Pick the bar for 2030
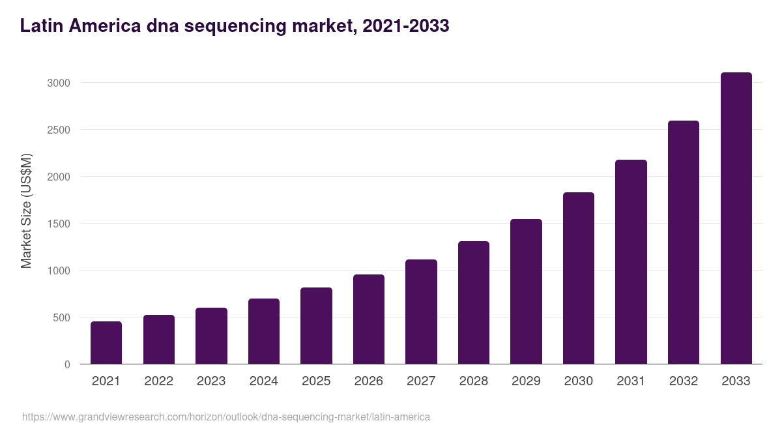point(579,278)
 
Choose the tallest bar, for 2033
point(736,218)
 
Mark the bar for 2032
point(684,242)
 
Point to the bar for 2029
point(526,291)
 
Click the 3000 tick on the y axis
point(58,83)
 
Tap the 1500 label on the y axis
point(58,224)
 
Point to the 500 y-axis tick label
point(61,317)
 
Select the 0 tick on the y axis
point(67,364)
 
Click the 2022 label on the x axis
point(159,381)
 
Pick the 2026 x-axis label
point(369,381)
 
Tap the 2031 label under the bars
point(631,381)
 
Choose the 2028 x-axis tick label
point(474,381)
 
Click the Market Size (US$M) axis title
point(26,211)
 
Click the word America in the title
point(103,26)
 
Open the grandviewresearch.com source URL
point(226,417)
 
